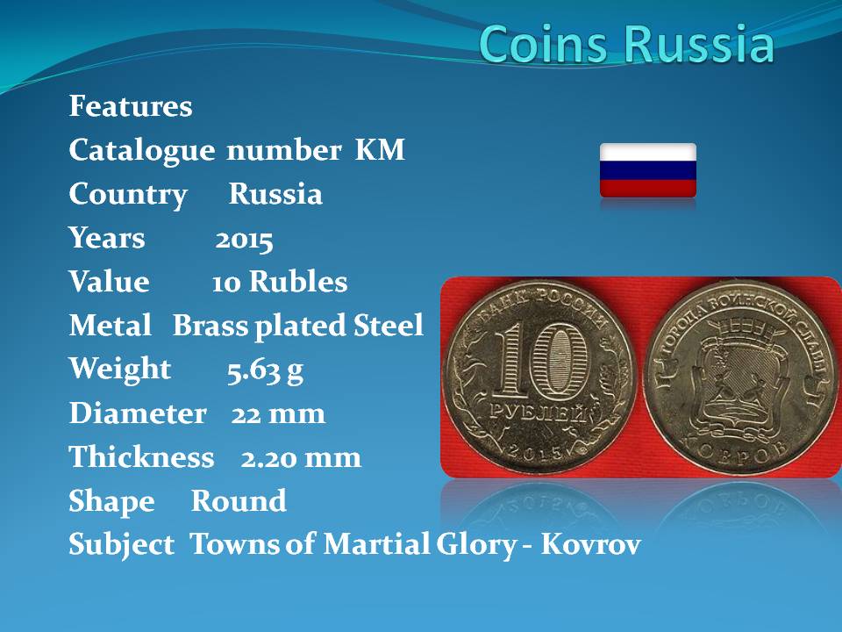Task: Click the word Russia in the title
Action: [x=699, y=43]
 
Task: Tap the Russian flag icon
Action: [x=648, y=170]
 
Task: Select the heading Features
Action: [x=131, y=106]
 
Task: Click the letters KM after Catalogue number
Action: [x=380, y=149]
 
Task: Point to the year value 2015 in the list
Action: [x=245, y=240]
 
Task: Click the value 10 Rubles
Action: [x=280, y=282]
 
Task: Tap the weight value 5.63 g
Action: [x=265, y=370]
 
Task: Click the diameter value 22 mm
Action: [x=278, y=413]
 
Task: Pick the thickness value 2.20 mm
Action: [x=301, y=458]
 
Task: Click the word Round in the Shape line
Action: [x=239, y=501]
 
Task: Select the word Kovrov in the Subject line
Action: [x=590, y=544]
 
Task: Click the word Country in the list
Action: [x=128, y=195]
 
